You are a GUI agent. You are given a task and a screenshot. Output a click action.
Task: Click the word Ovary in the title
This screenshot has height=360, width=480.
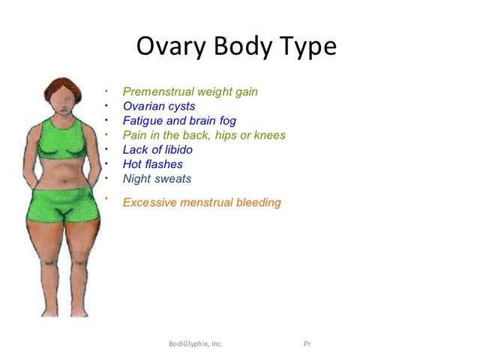(x=171, y=46)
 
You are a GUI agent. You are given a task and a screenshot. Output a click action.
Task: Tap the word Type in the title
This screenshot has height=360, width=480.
(x=308, y=46)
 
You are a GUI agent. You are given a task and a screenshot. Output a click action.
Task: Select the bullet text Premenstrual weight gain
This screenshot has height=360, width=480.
(x=190, y=91)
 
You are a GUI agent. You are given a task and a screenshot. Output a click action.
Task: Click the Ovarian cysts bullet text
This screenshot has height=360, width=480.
(x=159, y=106)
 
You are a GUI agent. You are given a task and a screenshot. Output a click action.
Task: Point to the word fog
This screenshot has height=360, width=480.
(x=228, y=121)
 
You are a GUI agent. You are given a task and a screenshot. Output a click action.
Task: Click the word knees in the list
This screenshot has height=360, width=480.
(x=270, y=135)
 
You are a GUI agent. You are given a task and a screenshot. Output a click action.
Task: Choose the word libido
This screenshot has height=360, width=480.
(x=178, y=150)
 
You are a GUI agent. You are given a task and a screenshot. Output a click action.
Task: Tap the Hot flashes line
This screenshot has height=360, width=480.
(x=153, y=164)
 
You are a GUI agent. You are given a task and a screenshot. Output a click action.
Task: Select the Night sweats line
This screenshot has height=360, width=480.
(x=157, y=178)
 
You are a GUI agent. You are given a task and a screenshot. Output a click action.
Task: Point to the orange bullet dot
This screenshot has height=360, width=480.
(x=106, y=198)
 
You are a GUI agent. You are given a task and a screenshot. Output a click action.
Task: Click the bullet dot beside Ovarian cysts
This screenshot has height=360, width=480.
(x=106, y=106)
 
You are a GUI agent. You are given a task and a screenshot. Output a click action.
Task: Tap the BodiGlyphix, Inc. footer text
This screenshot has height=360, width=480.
(x=196, y=343)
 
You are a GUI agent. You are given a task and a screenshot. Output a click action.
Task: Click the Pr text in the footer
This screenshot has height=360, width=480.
(x=307, y=343)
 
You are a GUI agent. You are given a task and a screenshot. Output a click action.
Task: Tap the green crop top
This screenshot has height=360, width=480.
(x=62, y=139)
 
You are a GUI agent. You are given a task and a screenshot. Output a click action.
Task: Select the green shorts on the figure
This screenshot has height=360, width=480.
(x=63, y=205)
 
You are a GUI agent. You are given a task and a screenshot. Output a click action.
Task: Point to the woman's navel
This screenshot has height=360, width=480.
(x=64, y=181)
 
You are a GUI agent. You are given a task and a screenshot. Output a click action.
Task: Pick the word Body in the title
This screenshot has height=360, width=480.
(x=243, y=46)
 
